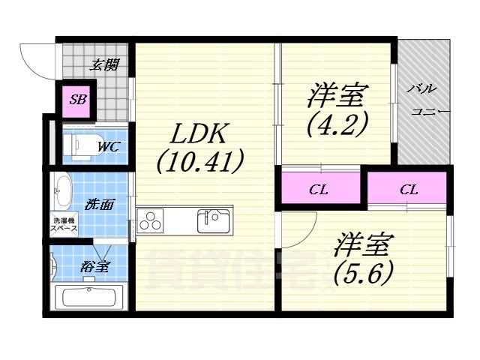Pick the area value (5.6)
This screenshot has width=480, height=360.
[x=364, y=274]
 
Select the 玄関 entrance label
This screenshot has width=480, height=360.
[x=105, y=66]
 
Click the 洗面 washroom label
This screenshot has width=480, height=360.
[x=100, y=204]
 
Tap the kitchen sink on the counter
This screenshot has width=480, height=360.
[x=213, y=220]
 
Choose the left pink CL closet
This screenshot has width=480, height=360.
[x=319, y=189]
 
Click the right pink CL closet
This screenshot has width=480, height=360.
[x=408, y=189]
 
